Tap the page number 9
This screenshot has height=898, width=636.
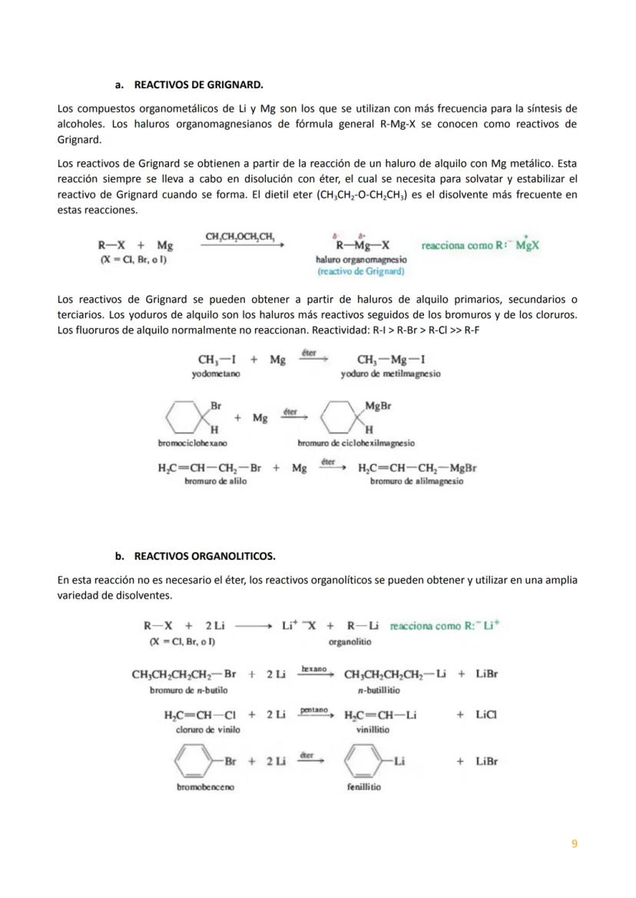[x=575, y=843]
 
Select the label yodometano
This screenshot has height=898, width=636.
[x=216, y=374]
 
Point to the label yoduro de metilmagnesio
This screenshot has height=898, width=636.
[x=391, y=374]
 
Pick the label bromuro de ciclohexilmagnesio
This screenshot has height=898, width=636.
[x=356, y=443]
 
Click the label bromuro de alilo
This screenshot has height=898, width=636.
[x=210, y=481]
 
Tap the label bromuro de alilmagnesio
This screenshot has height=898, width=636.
[x=416, y=481]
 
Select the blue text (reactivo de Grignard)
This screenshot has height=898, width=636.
[x=361, y=271]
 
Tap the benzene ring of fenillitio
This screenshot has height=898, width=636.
[x=364, y=762]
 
